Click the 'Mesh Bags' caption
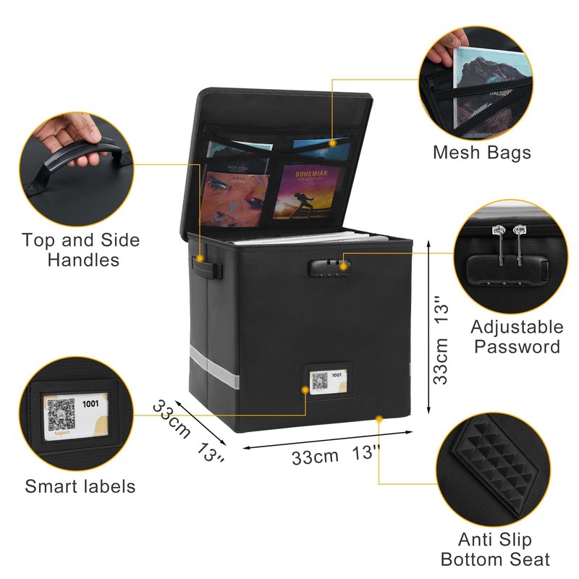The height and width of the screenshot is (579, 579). tap(481, 153)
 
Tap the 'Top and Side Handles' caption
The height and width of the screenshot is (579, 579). tap(80, 249)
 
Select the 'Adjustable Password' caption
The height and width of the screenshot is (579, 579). tap(517, 337)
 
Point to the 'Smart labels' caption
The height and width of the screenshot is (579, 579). tap(80, 486)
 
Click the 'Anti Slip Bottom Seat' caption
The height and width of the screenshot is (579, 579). tap(495, 549)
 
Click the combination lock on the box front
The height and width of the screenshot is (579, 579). tap(330, 268)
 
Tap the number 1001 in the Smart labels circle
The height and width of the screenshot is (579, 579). tap(91, 404)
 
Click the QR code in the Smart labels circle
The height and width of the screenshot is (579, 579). tap(62, 418)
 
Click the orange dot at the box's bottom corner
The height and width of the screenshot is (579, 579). tap(379, 418)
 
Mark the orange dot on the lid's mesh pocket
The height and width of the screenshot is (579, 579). tap(332, 143)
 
